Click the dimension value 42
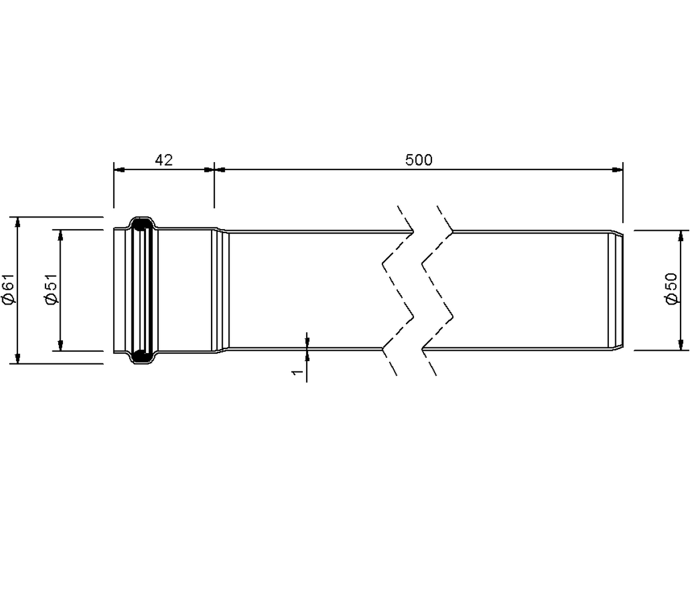tap(164, 160)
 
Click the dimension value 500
tap(419, 160)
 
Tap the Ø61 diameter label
tap(9, 288)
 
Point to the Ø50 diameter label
tap(672, 288)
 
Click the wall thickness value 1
tap(298, 372)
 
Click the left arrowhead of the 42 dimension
tap(119, 170)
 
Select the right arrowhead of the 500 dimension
tap(618, 170)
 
